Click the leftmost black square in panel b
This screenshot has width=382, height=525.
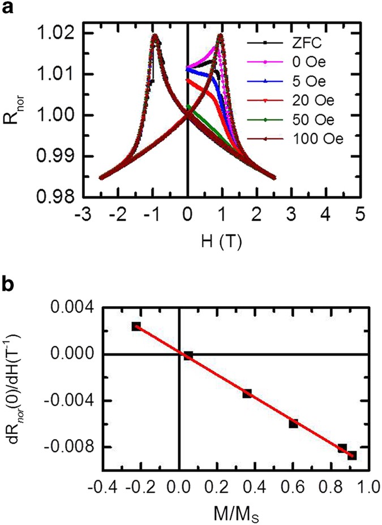136,326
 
